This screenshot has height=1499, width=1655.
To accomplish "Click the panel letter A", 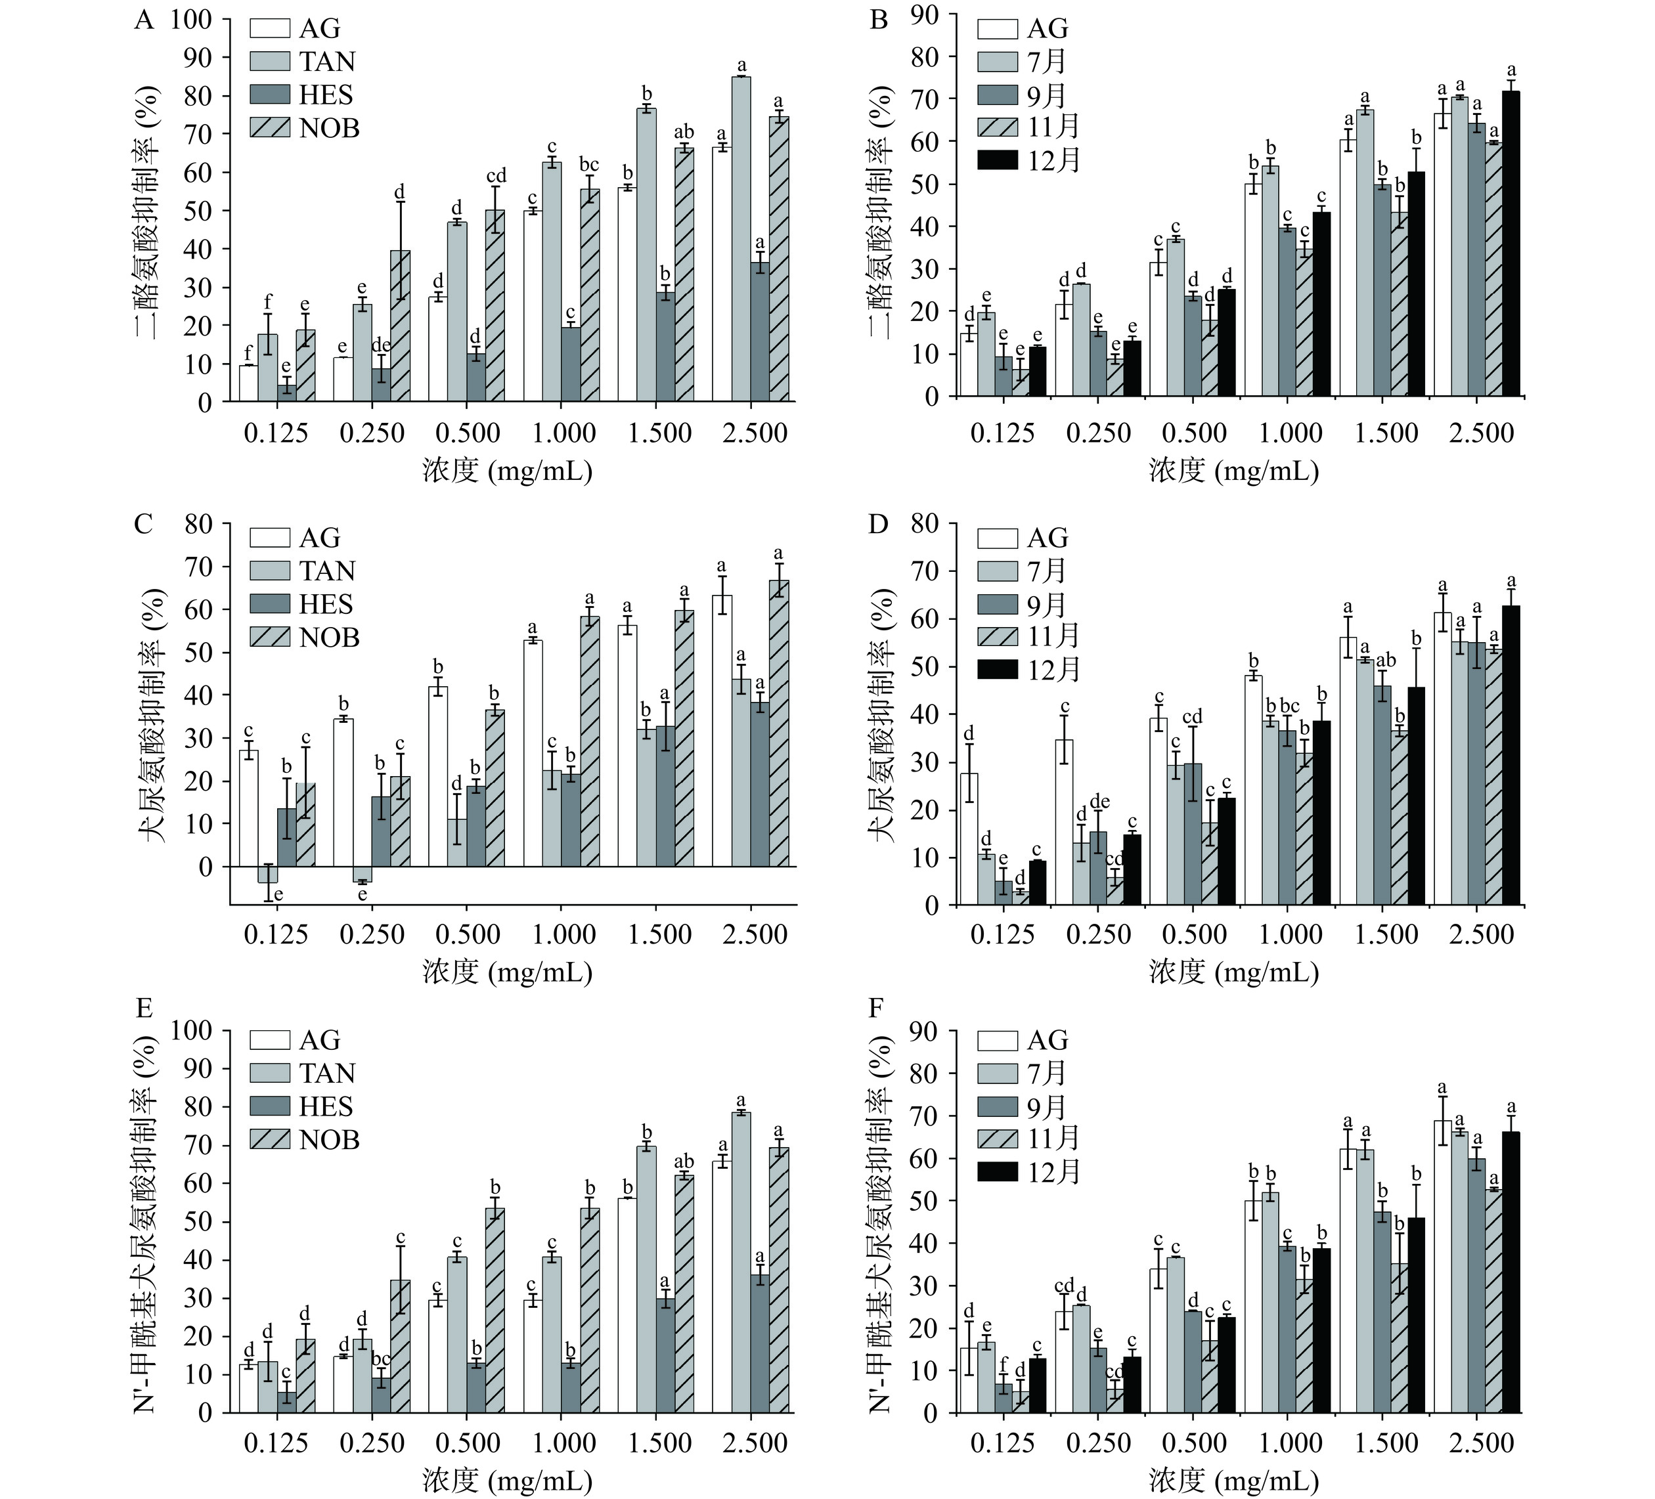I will point(144,20).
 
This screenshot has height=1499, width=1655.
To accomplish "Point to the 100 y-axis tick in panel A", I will point(190,19).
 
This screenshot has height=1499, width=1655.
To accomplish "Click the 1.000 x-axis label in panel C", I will point(563,934).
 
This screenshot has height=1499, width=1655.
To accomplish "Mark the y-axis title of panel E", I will point(146,1221).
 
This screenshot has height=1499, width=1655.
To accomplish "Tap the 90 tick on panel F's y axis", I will point(929,1031).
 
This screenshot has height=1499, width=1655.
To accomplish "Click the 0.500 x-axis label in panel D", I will point(1195,934).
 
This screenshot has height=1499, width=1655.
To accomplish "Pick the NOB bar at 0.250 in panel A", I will point(400,326).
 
